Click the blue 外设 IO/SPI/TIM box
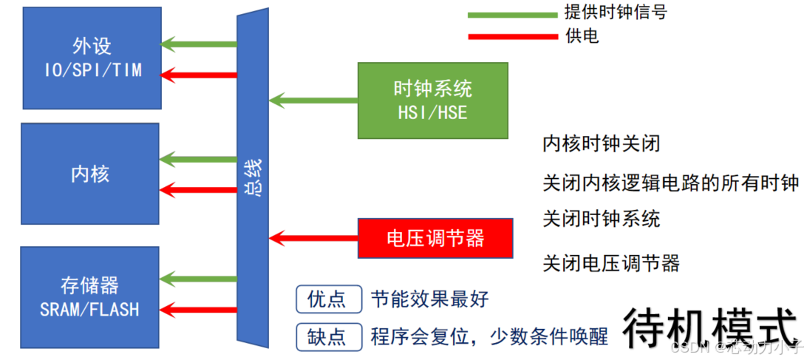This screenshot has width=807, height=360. pyautogui.click(x=92, y=58)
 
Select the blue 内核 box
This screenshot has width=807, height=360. pyautogui.click(x=90, y=174)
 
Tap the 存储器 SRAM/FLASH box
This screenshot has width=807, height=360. pyautogui.click(x=90, y=297)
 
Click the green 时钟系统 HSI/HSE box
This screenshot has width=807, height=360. pyautogui.click(x=432, y=101)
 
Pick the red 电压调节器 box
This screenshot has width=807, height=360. pyautogui.click(x=435, y=238)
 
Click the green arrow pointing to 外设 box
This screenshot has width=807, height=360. pyautogui.click(x=200, y=44)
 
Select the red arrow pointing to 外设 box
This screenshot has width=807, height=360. pyautogui.click(x=200, y=74)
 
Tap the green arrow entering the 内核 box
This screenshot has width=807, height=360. pyautogui.click(x=200, y=157)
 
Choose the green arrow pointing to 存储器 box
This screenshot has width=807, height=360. pyautogui.click(x=200, y=279)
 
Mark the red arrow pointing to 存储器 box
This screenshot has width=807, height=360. pyautogui.click(x=200, y=308)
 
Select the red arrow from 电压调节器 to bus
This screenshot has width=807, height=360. pyautogui.click(x=313, y=238)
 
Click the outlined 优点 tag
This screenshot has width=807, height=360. pyautogui.click(x=328, y=299)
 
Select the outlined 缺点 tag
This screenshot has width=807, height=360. pyautogui.click(x=328, y=337)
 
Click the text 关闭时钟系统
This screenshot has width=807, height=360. pyautogui.click(x=601, y=219)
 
